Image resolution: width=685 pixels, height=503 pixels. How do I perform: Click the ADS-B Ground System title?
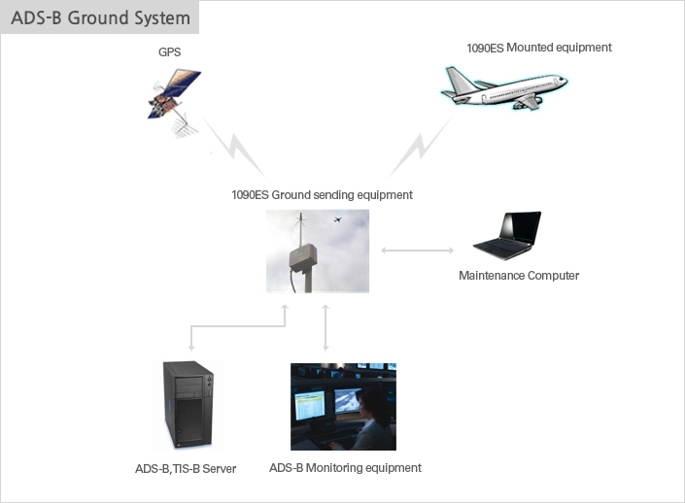(100, 17)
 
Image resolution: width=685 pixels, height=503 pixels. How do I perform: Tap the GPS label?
(169, 52)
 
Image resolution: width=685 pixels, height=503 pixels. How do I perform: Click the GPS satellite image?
(174, 103)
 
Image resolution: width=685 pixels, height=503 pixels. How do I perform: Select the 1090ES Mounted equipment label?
(539, 48)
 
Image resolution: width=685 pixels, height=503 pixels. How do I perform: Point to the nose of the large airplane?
(564, 80)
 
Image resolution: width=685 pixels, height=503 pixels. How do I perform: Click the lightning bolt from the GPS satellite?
(234, 148)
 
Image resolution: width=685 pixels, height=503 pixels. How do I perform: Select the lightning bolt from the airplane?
(421, 147)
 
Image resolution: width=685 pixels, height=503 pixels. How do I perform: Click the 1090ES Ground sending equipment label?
(322, 195)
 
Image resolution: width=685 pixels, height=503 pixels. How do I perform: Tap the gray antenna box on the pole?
(303, 258)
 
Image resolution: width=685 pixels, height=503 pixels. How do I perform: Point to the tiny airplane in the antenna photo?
(337, 219)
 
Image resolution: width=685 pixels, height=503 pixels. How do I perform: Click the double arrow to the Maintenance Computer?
(417, 251)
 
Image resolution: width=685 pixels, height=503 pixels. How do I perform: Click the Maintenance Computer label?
(519, 276)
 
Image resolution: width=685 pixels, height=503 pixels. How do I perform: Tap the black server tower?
(188, 405)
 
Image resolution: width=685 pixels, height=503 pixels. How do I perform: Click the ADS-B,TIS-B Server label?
(186, 468)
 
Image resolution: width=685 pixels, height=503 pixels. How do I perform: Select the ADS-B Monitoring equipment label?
(345, 468)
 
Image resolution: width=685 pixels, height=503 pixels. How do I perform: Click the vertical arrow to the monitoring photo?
(325, 328)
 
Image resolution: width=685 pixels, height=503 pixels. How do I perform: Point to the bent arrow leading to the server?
(238, 326)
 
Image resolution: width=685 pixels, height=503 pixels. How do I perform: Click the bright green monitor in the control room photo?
(310, 405)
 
